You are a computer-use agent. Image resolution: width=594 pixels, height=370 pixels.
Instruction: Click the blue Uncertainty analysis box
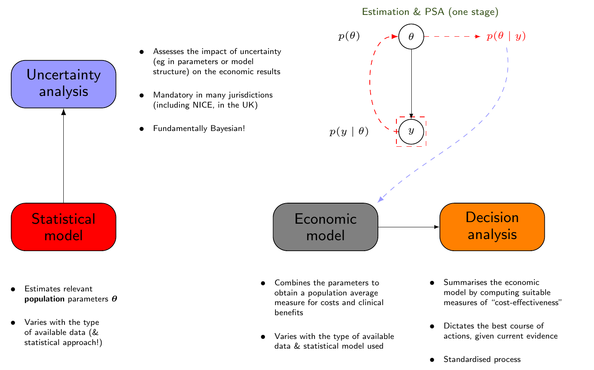click(x=63, y=84)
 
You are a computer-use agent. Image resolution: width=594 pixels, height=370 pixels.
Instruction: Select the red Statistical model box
click(x=63, y=227)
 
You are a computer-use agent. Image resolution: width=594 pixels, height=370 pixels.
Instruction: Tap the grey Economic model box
click(x=325, y=227)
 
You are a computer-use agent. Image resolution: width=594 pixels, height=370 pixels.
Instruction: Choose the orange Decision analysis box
click(x=492, y=227)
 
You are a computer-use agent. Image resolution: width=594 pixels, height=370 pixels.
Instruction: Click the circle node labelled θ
click(x=411, y=37)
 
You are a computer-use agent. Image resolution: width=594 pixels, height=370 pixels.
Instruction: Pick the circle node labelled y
click(x=411, y=131)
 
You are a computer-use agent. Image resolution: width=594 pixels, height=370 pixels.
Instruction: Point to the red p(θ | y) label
click(x=506, y=37)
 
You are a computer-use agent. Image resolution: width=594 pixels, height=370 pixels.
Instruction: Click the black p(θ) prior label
click(x=349, y=37)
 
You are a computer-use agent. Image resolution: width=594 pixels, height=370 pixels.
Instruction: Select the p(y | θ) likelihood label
click(x=349, y=132)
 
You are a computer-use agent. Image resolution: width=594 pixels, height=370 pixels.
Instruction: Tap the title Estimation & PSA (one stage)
click(x=430, y=12)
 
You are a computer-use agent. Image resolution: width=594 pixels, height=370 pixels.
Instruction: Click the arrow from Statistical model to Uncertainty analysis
click(x=63, y=157)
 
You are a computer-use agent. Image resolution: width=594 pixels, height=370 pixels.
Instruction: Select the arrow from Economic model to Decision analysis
click(x=408, y=227)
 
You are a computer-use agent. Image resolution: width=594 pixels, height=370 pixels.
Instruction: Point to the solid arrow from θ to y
click(x=411, y=81)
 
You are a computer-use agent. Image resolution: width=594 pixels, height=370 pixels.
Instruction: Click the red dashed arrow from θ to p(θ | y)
click(x=452, y=37)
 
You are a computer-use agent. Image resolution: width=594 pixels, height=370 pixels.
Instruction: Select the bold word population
click(x=44, y=299)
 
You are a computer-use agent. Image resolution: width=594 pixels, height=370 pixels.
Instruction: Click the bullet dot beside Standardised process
click(x=432, y=360)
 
